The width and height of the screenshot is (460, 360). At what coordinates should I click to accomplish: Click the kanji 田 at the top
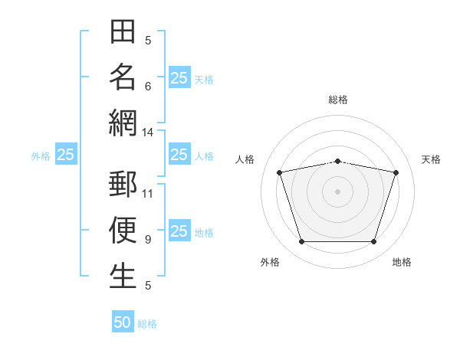click(123, 31)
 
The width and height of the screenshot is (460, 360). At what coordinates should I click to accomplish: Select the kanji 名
click(123, 77)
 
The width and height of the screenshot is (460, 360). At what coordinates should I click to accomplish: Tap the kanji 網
click(123, 123)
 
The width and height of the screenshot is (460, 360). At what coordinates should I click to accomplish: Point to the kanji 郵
click(123, 184)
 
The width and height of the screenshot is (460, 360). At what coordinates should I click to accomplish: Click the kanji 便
click(123, 230)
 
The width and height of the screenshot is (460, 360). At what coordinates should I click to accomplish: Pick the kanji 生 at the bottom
click(123, 276)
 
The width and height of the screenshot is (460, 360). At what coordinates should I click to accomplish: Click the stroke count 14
click(147, 133)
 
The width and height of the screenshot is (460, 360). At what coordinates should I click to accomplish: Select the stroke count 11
click(147, 194)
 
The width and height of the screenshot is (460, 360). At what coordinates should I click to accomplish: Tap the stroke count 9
click(148, 240)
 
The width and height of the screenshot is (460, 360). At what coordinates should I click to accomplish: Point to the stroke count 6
click(148, 87)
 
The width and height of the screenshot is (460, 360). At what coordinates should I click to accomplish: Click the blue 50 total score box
click(123, 321)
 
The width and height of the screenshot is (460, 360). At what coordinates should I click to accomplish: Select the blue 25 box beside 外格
click(66, 154)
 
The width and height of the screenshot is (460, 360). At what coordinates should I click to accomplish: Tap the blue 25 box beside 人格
click(179, 154)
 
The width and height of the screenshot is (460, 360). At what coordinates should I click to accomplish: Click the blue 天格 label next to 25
click(204, 80)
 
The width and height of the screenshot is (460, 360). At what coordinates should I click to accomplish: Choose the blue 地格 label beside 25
click(204, 233)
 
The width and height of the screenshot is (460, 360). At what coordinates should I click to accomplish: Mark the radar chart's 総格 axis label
click(338, 100)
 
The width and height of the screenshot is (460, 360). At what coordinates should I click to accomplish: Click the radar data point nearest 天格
click(396, 172)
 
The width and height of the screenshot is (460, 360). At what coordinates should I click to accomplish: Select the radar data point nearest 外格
click(302, 242)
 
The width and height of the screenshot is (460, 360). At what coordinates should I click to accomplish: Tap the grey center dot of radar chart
click(337, 191)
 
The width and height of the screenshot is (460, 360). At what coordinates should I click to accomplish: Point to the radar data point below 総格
click(337, 162)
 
